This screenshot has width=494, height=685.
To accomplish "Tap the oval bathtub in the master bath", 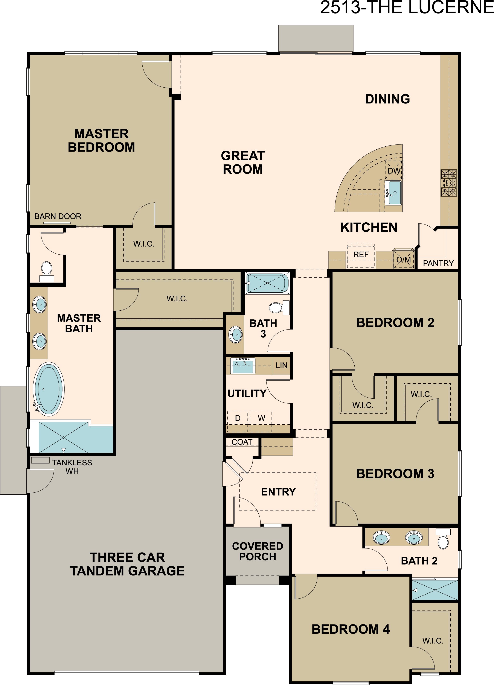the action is pos(48,389).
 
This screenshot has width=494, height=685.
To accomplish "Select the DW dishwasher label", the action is pos(394,171).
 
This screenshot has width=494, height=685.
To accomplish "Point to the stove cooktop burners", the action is pos(449,183).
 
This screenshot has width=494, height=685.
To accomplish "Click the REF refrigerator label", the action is pos(361,255).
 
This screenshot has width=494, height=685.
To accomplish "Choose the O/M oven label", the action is pos(403,260).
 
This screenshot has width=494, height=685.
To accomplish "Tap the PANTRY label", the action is pos(438,263).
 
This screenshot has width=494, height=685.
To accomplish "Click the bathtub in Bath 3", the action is pos(267,283).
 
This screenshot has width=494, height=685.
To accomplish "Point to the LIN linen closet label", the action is pos(281,365).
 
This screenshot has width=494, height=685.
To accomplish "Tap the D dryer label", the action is pos(238,418).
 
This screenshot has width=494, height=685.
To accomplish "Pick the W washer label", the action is pos(262,418).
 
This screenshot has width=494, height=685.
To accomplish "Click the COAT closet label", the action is pos(242,442).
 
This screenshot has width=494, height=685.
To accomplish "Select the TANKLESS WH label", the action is pos(72,467).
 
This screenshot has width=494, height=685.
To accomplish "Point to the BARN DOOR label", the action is pos(58,216).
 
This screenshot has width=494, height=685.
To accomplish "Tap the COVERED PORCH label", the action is pos(258,551).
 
